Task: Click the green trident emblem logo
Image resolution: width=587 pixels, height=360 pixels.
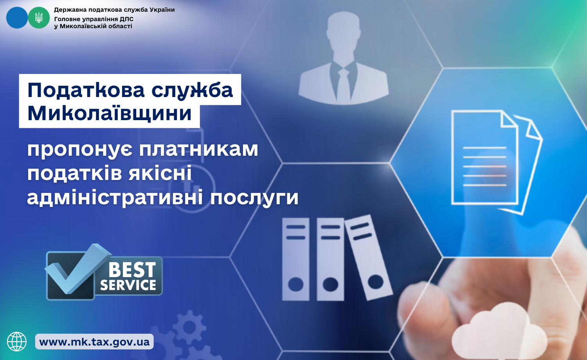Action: point(39,18)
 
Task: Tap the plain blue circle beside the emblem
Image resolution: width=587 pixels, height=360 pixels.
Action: point(17,18)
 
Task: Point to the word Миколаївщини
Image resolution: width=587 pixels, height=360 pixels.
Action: point(109,113)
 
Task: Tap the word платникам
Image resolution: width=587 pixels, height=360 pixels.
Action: point(199,149)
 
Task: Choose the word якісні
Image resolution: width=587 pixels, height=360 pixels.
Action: point(160,173)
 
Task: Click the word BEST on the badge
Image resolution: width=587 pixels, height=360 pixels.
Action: point(132,270)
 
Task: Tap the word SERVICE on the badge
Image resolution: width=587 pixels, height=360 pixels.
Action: point(128,285)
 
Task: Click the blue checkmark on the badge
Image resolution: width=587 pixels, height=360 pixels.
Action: point(78,268)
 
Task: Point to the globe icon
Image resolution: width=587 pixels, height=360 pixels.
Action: point(17,342)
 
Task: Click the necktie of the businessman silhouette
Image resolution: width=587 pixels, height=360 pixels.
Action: point(343,84)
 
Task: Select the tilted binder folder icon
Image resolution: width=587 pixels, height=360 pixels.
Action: point(368,257)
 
